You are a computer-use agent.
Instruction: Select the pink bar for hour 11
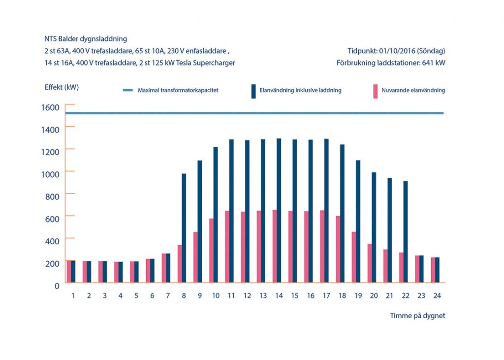click(x=227, y=247)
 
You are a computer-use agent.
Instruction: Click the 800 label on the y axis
click(x=53, y=196)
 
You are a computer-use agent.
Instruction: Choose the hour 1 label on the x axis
click(x=73, y=296)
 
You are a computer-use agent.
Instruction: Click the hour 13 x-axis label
click(x=263, y=296)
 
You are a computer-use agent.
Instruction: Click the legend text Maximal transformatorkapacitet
click(x=178, y=91)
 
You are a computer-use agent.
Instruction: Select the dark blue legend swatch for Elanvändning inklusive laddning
click(x=253, y=91)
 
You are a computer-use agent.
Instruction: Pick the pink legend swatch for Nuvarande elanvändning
click(x=376, y=91)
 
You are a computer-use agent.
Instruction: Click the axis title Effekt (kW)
click(x=62, y=87)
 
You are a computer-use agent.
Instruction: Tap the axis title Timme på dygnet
click(x=417, y=316)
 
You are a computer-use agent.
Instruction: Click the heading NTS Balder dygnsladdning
click(x=86, y=38)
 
